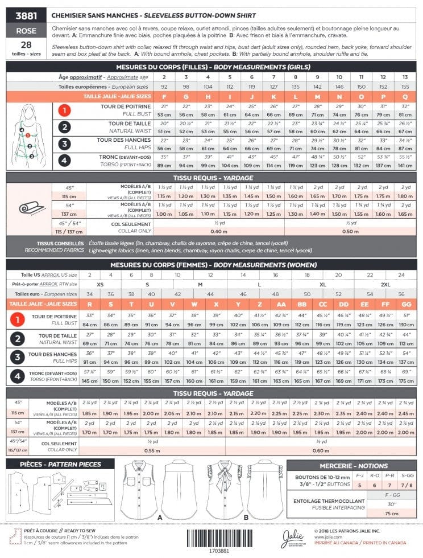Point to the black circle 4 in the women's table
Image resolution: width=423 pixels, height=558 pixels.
pos(18,377)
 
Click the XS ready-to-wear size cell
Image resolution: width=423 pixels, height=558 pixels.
pos(100,284)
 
